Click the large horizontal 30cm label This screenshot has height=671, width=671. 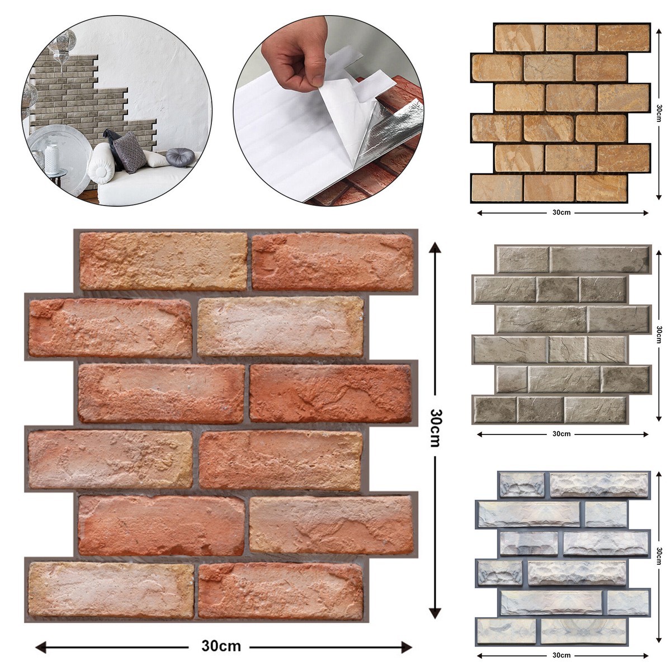coord(221,646)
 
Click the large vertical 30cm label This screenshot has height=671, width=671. coord(436,428)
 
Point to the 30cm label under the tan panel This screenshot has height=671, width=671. coord(561,212)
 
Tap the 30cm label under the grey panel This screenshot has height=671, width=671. coord(561,434)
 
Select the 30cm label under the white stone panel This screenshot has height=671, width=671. coord(561,655)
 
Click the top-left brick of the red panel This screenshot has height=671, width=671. coord(163,261)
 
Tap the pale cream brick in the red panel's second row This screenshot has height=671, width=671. coord(281,327)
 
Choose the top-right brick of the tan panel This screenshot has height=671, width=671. coord(623,37)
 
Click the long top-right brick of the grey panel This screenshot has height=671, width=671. coord(599,259)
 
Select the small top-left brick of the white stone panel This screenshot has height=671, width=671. coord(521,484)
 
